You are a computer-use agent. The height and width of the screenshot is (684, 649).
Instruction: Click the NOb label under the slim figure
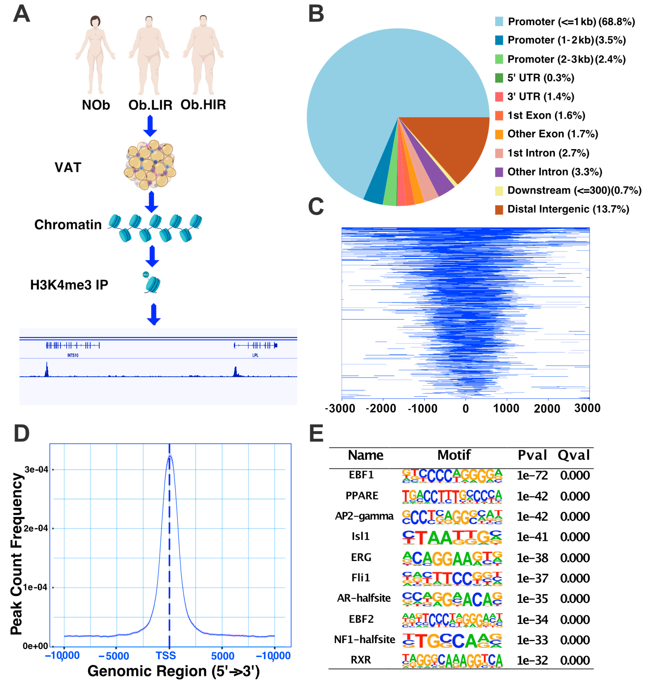[x=96, y=105]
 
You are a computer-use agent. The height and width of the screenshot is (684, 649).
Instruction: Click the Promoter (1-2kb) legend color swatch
[x=499, y=40]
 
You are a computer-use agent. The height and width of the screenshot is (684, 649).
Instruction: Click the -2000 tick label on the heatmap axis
[x=381, y=409]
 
